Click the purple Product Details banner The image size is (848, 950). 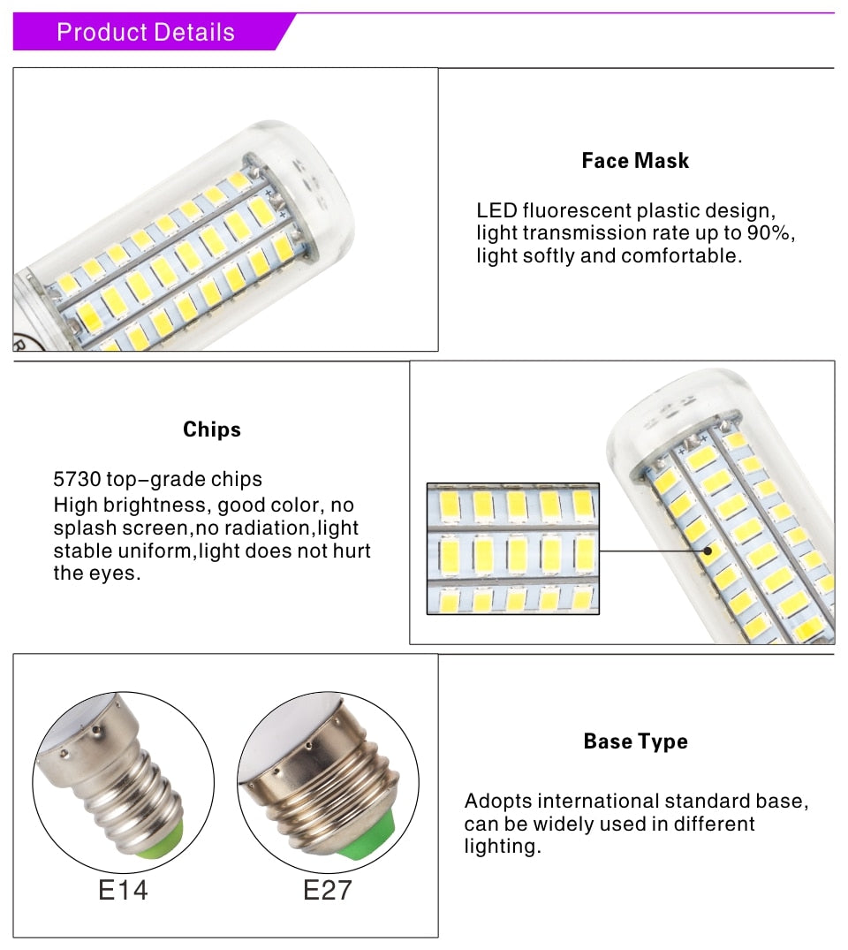[x=146, y=33]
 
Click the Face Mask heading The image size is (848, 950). [x=635, y=161]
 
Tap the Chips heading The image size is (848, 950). [x=212, y=429]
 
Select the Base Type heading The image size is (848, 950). [x=635, y=741]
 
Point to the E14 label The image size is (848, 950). [x=122, y=889]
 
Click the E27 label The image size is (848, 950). [x=328, y=889]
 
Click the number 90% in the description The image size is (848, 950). [x=772, y=233]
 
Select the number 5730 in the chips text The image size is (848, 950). [x=78, y=480]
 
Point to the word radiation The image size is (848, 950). [x=269, y=528]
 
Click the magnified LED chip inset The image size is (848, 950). [x=512, y=549]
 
